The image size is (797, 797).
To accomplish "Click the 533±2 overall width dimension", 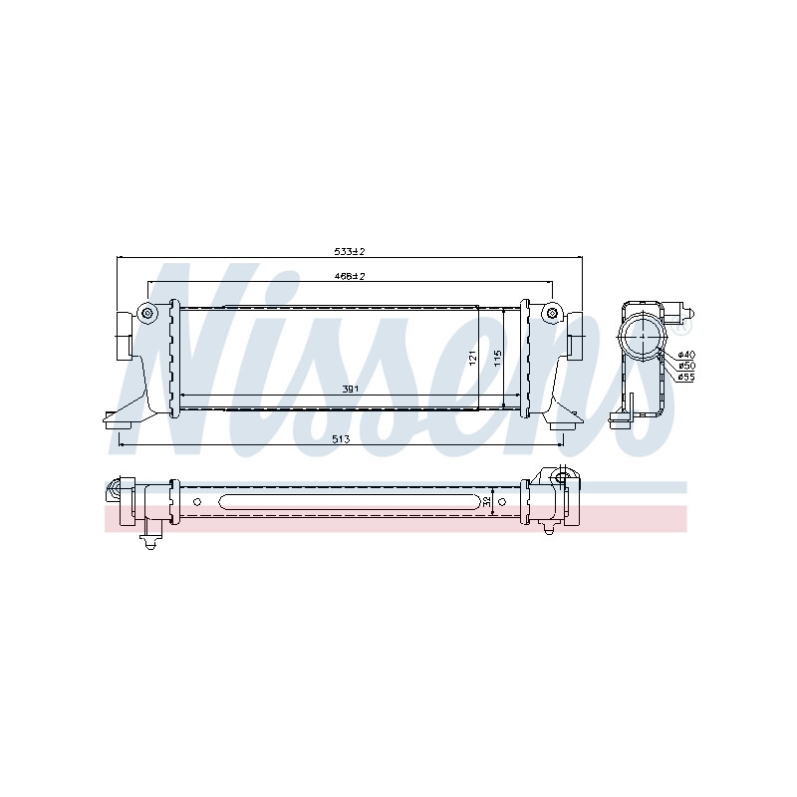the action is tap(350, 251).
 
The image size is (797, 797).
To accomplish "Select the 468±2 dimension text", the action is tap(350, 277).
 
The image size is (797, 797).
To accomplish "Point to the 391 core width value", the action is tap(351, 389).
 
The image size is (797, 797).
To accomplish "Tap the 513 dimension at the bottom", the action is tap(341, 439).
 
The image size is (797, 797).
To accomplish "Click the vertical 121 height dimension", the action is tap(472, 358).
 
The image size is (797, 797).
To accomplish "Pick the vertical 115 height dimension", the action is tap(497, 358).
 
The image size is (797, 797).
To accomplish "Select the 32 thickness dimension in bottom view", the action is tap(487, 502).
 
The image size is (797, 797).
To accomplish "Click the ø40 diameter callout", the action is tap(686, 355).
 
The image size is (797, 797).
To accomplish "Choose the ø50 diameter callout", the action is tap(686, 366).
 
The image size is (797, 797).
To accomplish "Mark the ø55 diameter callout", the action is tap(686, 378).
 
